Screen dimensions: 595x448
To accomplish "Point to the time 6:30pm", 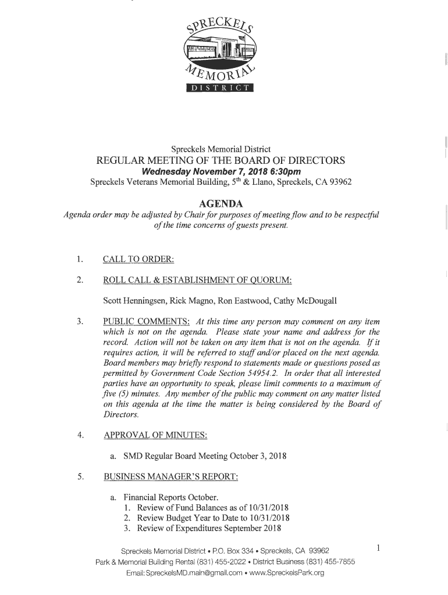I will tap(284, 171).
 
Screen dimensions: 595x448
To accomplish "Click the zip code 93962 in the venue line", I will tap(339, 182).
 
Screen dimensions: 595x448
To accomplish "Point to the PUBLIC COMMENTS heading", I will tap(146, 321).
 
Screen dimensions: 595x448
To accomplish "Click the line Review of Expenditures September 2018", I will tap(209, 528).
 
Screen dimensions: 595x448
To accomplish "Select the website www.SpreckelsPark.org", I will tap(286, 573).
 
